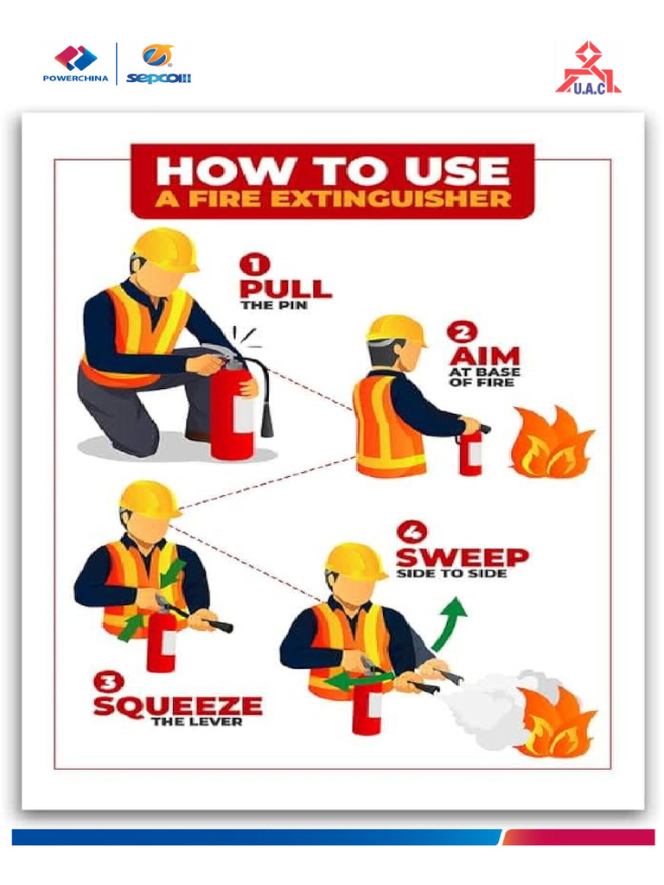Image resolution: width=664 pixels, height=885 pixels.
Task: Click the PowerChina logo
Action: [76, 63]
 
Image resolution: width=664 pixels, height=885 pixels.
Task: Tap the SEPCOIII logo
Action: [159, 64]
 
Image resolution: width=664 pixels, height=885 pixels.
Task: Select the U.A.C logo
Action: [588, 67]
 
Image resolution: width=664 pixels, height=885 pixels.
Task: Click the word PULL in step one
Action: [285, 289]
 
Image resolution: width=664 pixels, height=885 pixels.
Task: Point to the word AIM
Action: [485, 356]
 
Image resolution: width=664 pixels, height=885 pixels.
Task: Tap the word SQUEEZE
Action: [178, 705]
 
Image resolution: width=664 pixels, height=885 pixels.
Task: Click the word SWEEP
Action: [463, 557]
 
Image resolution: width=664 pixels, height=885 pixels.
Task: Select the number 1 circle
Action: [255, 264]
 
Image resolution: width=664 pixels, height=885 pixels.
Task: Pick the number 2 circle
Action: [462, 332]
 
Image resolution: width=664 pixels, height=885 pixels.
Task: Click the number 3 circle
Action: [109, 682]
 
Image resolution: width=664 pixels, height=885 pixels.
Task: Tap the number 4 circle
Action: [412, 532]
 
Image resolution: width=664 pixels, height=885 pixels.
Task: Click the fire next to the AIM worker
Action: [552, 442]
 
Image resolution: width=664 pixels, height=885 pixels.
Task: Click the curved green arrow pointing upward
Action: [450, 624]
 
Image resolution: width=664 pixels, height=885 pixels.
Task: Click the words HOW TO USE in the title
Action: [333, 171]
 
